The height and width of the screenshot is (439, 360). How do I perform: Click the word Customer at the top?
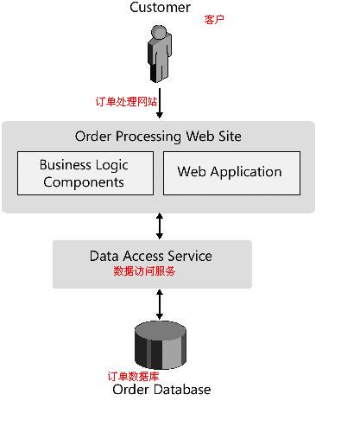160,7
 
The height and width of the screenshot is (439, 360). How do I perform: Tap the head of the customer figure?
159,32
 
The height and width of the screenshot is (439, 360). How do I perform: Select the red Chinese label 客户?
214,20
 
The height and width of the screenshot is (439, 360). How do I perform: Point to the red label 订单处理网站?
126,102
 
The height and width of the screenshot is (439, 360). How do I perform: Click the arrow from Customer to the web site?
160,103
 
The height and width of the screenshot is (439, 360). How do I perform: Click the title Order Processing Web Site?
158,137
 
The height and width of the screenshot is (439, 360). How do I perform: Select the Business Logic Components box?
85,174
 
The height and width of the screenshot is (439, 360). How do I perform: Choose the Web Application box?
231,174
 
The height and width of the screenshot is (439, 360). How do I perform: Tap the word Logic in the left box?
112,165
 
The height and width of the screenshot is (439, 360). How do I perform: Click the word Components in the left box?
84,182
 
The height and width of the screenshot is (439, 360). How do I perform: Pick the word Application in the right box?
246,172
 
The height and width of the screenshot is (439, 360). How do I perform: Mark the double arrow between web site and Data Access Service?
160,226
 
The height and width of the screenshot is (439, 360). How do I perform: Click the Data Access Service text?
151,256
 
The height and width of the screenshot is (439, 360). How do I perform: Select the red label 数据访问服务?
144,271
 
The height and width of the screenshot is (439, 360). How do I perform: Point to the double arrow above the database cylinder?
160,304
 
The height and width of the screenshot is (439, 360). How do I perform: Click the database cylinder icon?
161,345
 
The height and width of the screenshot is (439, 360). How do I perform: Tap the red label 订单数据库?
133,376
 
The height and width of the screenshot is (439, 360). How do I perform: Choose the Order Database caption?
161,390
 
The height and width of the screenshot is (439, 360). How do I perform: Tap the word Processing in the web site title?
148,137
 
